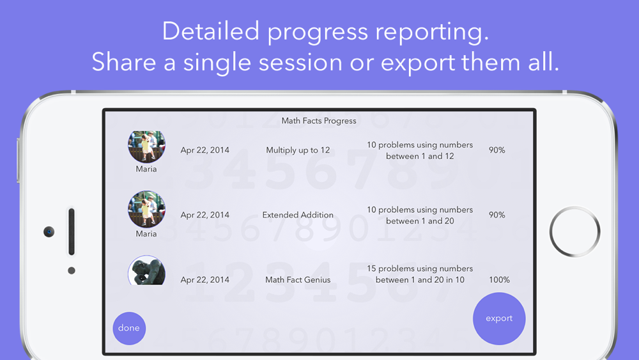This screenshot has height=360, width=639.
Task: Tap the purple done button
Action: pos(129,328)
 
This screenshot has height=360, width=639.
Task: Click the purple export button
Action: pos(499,318)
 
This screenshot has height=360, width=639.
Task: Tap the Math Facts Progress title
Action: pos(319,121)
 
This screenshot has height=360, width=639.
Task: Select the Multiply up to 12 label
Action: pos(298,150)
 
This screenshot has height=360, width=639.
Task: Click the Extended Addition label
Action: pos(298,215)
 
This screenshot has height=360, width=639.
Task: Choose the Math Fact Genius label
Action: pos(298,279)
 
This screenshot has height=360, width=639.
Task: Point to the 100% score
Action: pos(499,279)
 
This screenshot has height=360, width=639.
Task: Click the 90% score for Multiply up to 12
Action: pos(497,150)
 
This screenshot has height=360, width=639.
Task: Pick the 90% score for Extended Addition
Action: pos(497,215)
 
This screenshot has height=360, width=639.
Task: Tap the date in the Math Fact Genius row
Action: pos(205,279)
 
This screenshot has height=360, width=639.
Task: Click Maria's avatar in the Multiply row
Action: pos(147,146)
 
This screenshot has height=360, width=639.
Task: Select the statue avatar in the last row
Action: pos(147,270)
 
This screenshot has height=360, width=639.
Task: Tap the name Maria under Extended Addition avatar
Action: pos(146,233)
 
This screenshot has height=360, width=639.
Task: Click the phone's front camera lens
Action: pos(49,231)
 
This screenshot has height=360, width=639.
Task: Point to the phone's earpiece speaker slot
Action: pos(72,231)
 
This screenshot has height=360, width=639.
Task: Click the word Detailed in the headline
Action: pos(211,31)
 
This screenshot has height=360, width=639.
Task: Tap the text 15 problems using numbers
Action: pos(420,269)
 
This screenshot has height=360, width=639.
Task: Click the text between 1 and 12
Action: pos(420,156)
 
